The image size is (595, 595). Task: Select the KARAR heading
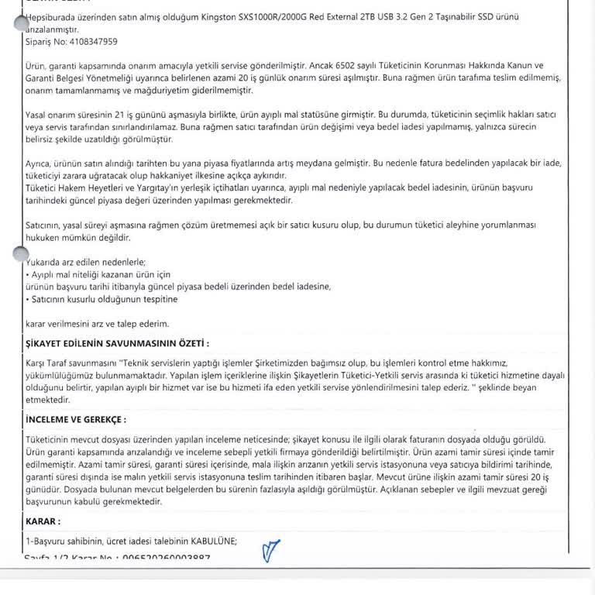(x=43, y=522)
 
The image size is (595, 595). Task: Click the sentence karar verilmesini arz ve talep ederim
(x=97, y=323)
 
